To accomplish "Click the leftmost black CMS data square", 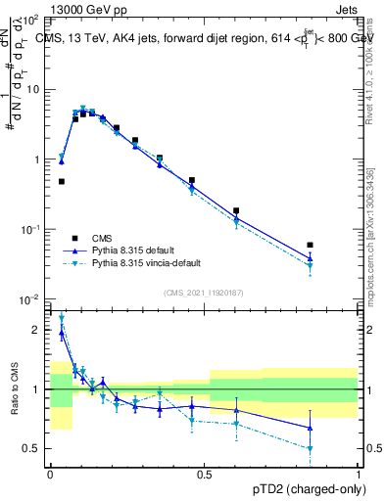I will (x=62, y=181).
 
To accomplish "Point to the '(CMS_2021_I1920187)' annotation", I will (x=203, y=293).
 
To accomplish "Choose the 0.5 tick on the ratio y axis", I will (x=34, y=448).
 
